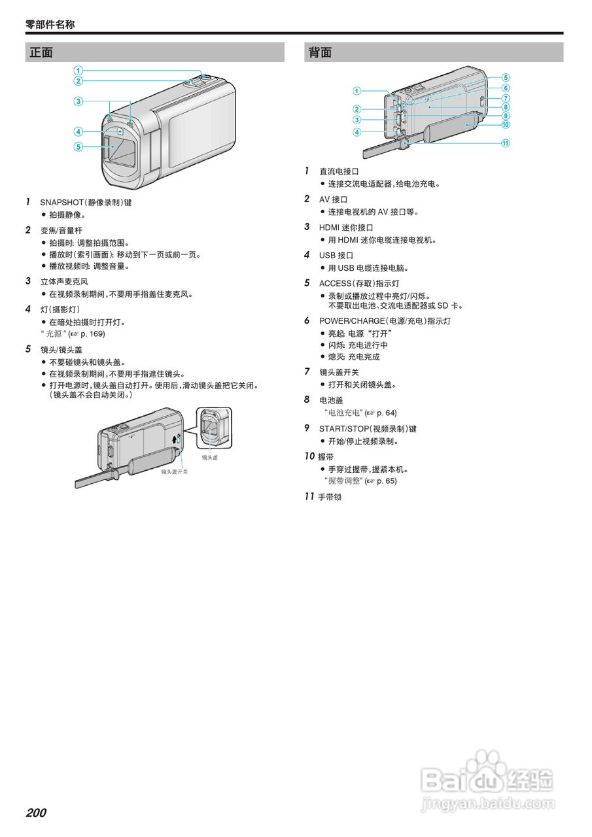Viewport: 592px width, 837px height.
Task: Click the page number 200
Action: [36, 813]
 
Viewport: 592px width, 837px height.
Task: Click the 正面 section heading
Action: [41, 52]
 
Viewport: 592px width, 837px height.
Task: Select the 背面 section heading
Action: [320, 52]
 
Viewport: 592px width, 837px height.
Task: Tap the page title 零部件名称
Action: [50, 24]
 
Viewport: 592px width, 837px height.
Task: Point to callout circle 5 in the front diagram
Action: [78, 146]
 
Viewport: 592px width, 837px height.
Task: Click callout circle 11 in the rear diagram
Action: [506, 144]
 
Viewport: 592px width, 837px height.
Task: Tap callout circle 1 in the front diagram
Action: [78, 71]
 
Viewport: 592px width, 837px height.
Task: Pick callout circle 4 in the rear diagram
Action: [357, 132]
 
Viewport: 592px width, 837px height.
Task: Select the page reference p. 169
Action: [92, 334]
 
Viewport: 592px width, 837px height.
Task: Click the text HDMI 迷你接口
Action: [346, 228]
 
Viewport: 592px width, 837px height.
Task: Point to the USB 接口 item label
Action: [336, 256]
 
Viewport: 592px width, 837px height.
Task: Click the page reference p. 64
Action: [385, 413]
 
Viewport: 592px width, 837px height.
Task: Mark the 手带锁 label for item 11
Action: [330, 497]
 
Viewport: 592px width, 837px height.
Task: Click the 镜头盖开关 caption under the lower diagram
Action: [175, 471]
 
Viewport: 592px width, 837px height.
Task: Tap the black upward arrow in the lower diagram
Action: [175, 439]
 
